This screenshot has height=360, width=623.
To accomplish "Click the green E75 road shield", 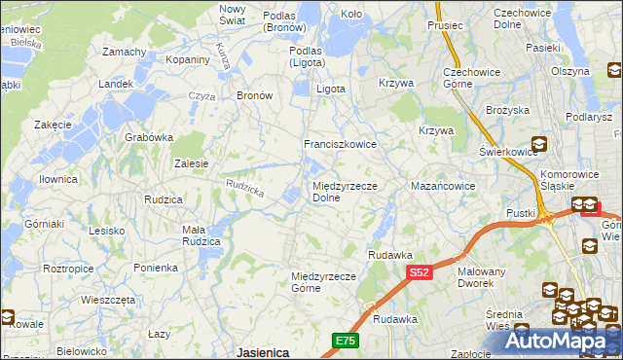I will point(345,340).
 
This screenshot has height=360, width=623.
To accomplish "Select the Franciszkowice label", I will point(340,144).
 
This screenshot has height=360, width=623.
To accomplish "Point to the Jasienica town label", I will point(263,352).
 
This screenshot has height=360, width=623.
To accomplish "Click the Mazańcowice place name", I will point(443,185).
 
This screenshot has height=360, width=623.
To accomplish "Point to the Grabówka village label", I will point(149,137).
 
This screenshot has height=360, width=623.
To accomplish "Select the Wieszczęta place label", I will point(108,300).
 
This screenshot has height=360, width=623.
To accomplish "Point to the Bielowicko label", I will point(81,350).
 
